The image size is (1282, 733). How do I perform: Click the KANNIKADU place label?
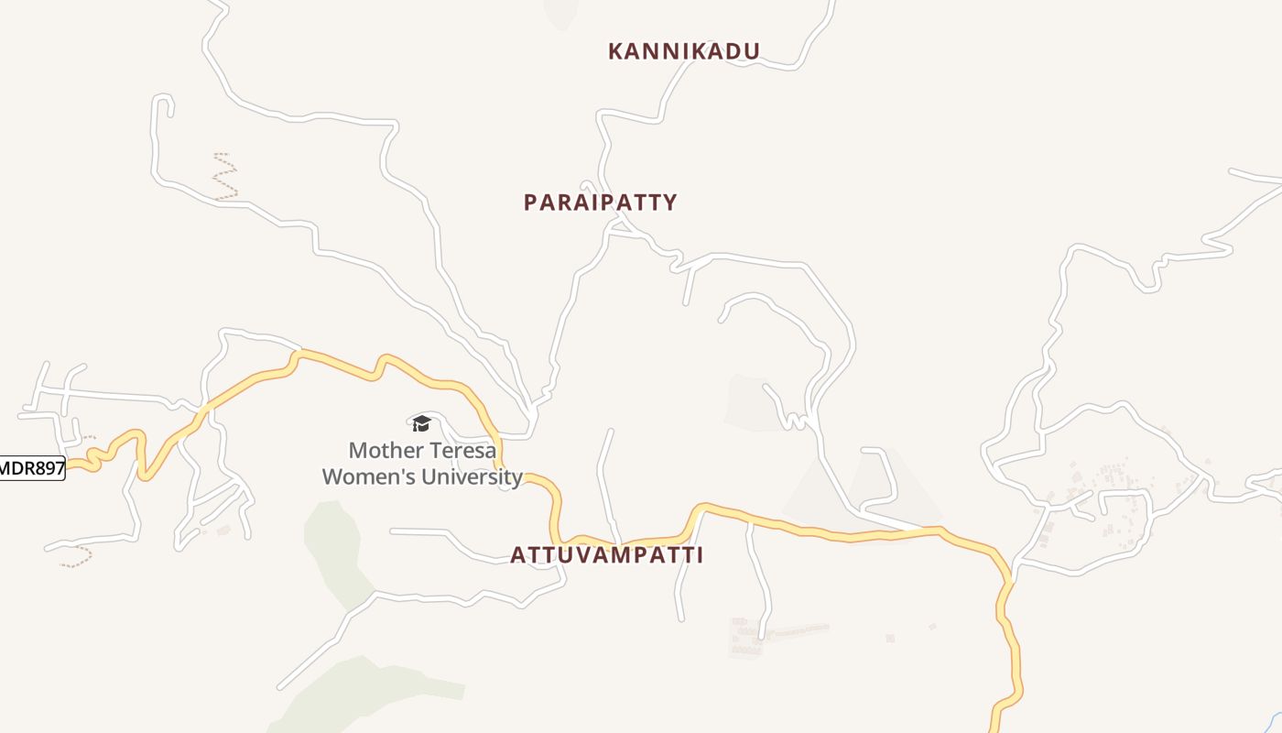pyautogui.click(x=684, y=51)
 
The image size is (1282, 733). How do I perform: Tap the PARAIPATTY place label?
pyautogui.click(x=600, y=202)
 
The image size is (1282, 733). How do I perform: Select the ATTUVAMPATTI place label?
pyautogui.click(x=606, y=555)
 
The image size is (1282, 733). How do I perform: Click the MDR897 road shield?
pyautogui.click(x=32, y=469)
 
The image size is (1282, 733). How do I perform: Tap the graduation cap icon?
pyautogui.click(x=421, y=422)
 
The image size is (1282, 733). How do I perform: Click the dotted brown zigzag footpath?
pyautogui.click(x=225, y=177)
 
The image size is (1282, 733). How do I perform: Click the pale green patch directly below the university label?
pyautogui.click(x=334, y=550)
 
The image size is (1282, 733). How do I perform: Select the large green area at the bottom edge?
pyautogui.click(x=366, y=696)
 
